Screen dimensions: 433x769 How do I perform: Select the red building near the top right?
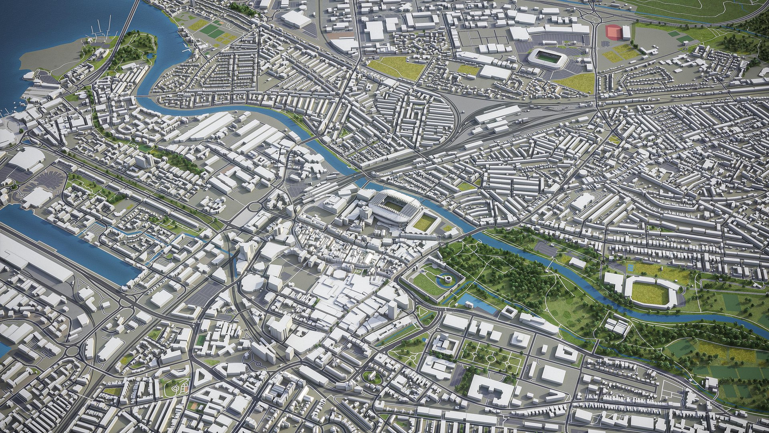pos(613,32)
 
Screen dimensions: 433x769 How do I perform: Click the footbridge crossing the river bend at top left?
pos(143,97)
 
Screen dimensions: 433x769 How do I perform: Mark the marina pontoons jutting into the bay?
pos(98,30)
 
